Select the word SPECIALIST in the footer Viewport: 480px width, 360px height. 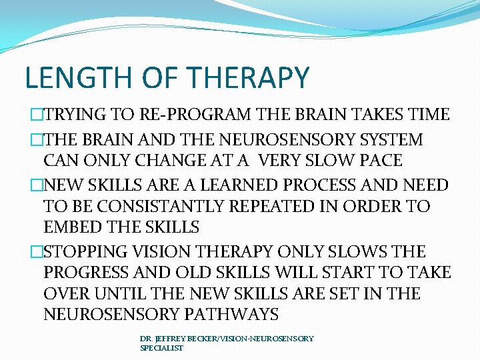click(x=161, y=347)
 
